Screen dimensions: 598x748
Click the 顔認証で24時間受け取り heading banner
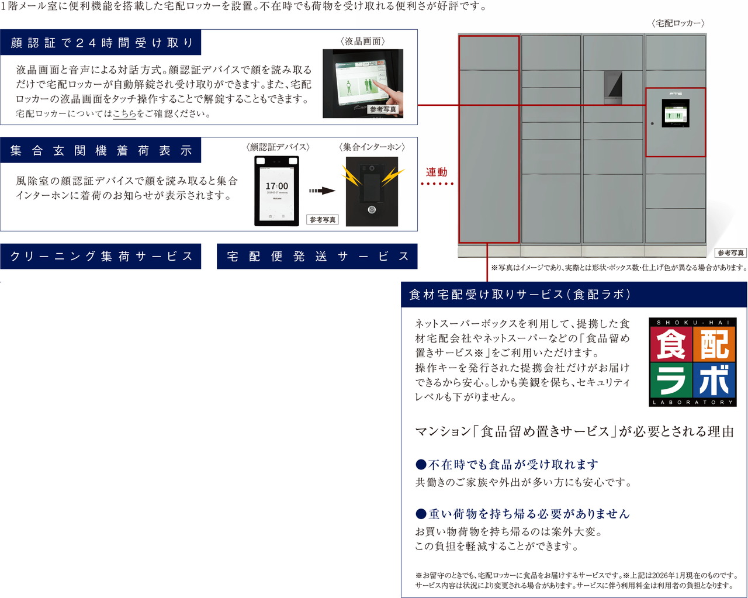tap(101, 43)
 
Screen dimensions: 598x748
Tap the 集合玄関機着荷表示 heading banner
tap(101, 151)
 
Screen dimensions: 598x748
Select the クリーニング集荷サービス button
tap(101, 257)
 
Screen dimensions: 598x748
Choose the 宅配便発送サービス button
tap(317, 257)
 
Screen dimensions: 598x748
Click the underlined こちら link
tap(124, 114)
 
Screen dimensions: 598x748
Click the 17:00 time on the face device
tap(277, 186)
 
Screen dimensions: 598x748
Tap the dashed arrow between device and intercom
tap(321, 191)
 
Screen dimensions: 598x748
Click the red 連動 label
tap(437, 172)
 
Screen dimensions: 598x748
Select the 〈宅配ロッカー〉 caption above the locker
tap(678, 23)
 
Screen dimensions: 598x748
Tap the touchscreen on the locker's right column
tap(676, 113)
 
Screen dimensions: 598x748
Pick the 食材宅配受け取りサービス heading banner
tap(520, 295)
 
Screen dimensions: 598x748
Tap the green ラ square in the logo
tap(671, 381)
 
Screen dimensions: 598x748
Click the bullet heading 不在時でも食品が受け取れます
tap(507, 465)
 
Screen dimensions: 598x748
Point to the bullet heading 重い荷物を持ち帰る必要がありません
tap(522, 514)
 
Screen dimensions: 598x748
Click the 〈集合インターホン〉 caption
tap(372, 147)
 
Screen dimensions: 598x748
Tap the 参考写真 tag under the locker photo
tap(730, 253)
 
